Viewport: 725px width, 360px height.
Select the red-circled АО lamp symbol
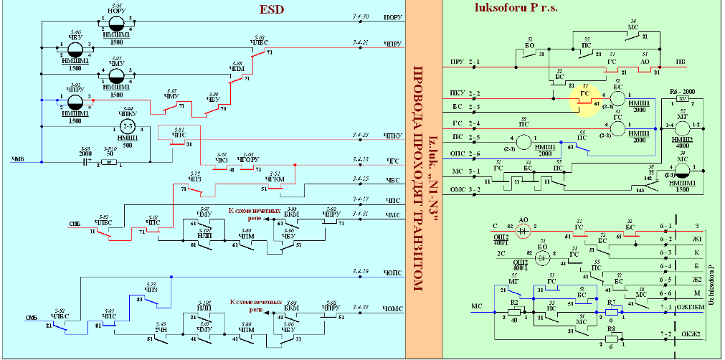click(522, 231)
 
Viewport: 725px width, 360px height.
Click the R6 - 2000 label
click(683, 93)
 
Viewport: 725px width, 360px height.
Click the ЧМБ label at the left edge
click(19, 158)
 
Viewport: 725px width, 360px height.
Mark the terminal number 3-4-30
click(361, 15)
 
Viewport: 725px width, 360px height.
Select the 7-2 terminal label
click(665, 334)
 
